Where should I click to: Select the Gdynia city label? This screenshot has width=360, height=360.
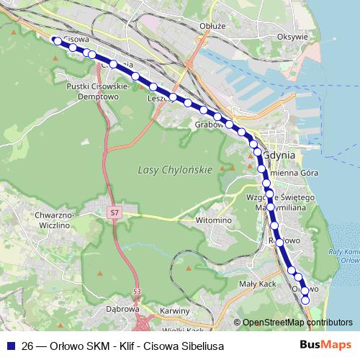pyautogui.click(x=280, y=154)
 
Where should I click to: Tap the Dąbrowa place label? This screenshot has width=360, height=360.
pyautogui.click(x=121, y=309)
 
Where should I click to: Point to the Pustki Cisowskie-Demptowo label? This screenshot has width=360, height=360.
pyautogui.click(x=97, y=89)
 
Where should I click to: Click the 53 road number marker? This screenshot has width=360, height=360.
pyautogui.click(x=137, y=290)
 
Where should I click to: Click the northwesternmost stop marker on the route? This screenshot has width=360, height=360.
pyautogui.click(x=57, y=40)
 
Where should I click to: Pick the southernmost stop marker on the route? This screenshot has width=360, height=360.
pyautogui.click(x=305, y=300)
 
